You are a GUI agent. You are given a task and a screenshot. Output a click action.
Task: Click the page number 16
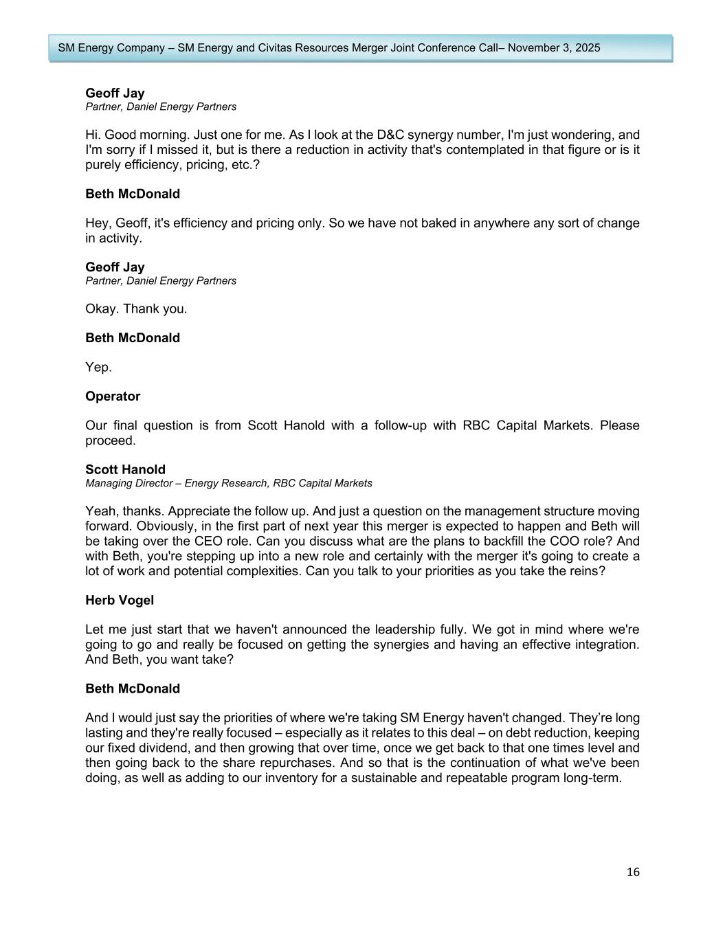633,872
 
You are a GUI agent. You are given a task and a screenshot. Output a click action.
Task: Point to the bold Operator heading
113,397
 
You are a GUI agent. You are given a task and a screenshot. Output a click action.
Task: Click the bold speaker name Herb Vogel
120,600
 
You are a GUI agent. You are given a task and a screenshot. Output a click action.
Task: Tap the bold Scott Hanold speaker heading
125,470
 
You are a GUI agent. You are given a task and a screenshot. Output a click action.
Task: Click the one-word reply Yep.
98,368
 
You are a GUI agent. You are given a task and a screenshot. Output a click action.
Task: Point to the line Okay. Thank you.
136,309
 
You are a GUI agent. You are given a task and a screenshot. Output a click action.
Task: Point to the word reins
586,571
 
